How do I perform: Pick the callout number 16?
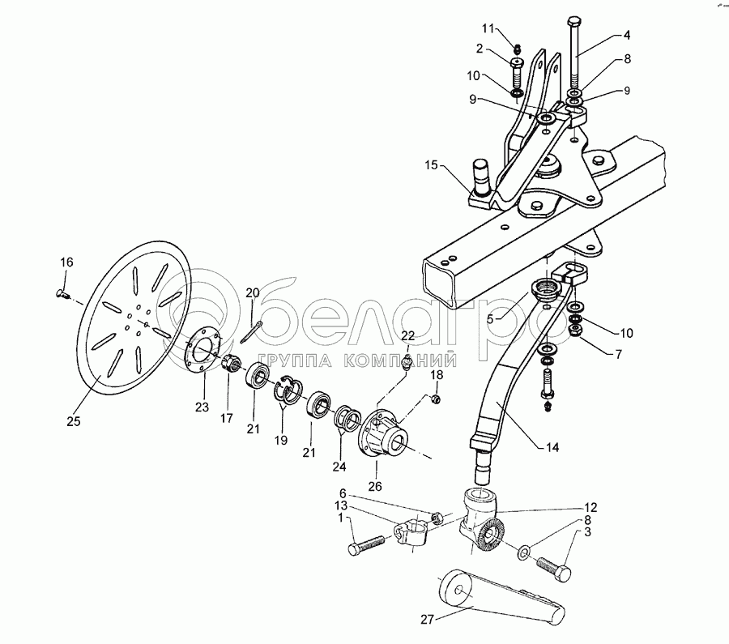pyautogui.click(x=66, y=262)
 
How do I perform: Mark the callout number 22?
pyautogui.click(x=407, y=335)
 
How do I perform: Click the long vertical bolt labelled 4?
pyautogui.click(x=574, y=57)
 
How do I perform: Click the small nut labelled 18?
pyautogui.click(x=435, y=399)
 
